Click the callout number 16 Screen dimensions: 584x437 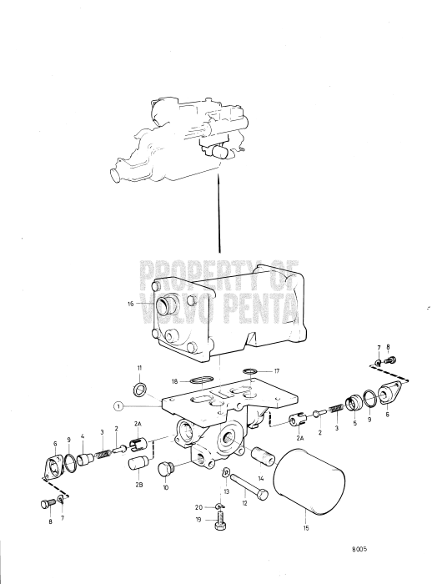130,305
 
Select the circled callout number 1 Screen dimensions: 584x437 120,406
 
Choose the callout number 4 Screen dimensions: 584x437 83,436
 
